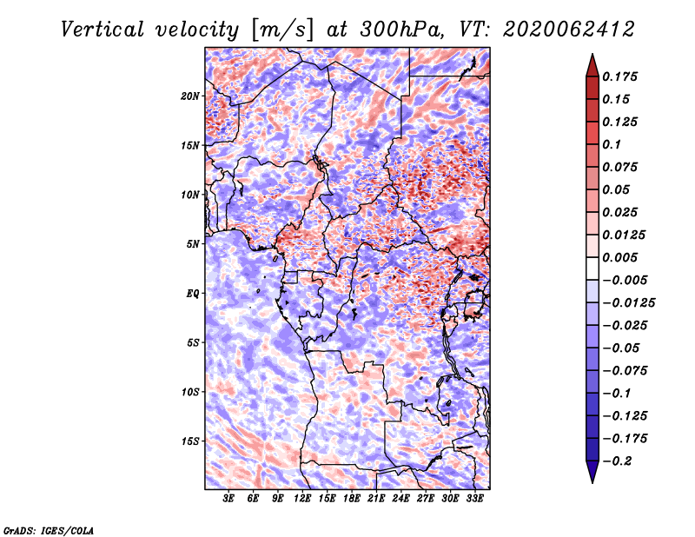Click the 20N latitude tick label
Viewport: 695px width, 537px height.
(190, 96)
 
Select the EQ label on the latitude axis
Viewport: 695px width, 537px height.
(192, 294)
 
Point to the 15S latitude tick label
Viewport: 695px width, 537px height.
(190, 441)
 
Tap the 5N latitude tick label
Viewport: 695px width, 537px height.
(193, 244)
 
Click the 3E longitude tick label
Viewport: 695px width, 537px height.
(228, 499)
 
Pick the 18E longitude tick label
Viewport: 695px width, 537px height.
(352, 499)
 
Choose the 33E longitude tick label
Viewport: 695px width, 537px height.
(474, 499)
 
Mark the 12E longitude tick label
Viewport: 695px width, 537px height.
(302, 499)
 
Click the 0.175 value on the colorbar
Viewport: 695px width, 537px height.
(619, 76)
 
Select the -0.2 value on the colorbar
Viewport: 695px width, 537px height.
(617, 461)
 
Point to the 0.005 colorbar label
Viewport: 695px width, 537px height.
(619, 257)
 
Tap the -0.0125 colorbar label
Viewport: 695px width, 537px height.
(628, 303)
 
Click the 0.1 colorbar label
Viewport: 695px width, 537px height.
(612, 144)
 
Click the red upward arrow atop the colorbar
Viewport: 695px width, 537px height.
(592, 66)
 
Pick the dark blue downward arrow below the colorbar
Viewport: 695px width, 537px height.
(592, 471)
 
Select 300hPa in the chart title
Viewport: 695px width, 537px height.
(401, 30)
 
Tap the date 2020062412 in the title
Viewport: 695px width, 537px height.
(569, 30)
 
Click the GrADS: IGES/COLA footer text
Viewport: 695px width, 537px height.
(49, 530)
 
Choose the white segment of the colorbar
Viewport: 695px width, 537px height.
(592, 268)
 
